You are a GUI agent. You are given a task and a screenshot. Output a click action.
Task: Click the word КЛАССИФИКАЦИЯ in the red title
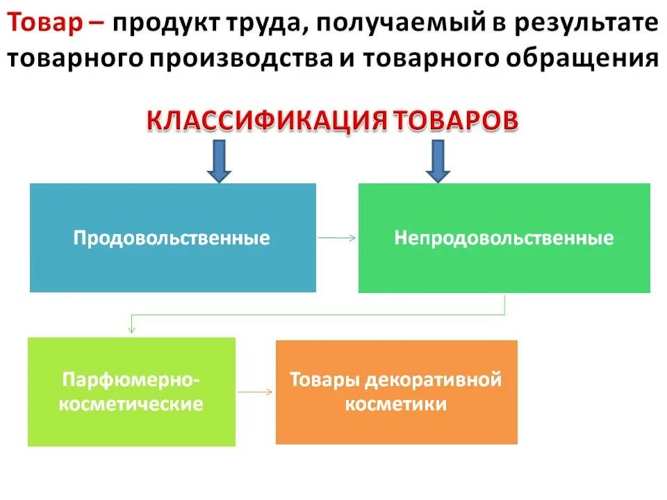point(267,119)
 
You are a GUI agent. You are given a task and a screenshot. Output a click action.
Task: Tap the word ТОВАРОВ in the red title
point(456,119)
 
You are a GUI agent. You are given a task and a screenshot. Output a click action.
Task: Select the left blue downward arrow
point(218,160)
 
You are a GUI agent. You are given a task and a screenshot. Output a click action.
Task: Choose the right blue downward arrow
point(438,160)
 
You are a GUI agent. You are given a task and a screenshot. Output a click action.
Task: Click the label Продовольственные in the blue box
point(172,238)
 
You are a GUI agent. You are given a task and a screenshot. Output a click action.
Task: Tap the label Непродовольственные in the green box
point(504,238)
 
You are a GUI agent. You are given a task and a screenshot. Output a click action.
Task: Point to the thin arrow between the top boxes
point(336,237)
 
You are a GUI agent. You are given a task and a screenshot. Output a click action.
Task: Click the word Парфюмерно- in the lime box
point(131,380)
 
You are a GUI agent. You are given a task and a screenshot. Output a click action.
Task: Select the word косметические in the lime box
point(131,403)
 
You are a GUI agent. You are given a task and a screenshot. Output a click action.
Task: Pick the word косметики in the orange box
point(396,403)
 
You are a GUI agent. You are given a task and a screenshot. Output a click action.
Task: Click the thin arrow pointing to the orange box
point(255,392)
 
